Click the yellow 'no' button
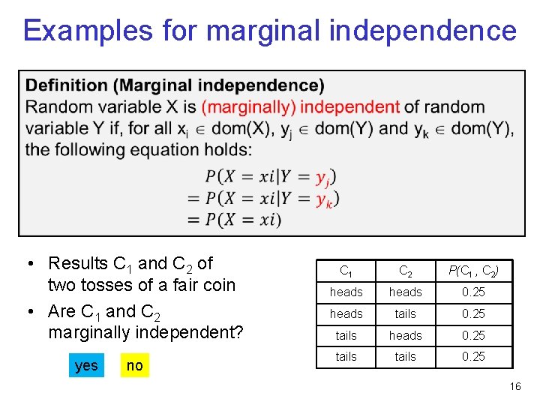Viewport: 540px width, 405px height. (134, 365)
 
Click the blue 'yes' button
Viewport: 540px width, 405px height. (86, 365)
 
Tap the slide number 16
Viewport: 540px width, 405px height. (514, 387)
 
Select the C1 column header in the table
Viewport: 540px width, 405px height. (346, 271)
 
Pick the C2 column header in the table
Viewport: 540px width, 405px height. (405, 271)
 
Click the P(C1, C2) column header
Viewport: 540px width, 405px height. (473, 271)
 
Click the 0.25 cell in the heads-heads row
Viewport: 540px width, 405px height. (473, 292)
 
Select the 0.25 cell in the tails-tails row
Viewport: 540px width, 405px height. (473, 356)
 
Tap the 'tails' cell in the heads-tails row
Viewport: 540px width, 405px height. (405, 313)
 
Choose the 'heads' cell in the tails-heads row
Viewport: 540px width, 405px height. (405, 335)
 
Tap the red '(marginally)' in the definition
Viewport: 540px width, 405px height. (248, 106)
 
